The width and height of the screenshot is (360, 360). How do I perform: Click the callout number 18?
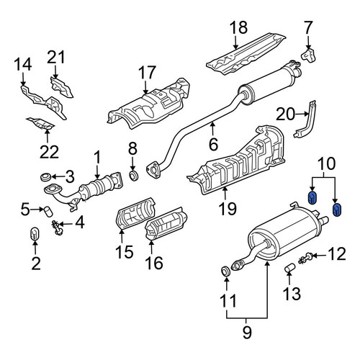click(x=239, y=27)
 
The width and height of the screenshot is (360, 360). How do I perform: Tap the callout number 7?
click(x=308, y=27)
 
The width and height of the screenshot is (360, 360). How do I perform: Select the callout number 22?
click(x=49, y=152)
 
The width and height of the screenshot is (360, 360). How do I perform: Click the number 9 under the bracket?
click(x=247, y=333)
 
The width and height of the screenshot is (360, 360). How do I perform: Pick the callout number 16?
click(x=154, y=263)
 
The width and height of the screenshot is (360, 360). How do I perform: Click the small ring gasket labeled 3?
click(x=45, y=177)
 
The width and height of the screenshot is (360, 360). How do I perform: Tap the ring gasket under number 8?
click(x=134, y=176)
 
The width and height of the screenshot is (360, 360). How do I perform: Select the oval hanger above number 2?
click(x=35, y=233)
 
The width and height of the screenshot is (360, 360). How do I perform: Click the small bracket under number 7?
click(x=309, y=55)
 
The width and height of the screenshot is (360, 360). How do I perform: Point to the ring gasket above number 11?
click(x=225, y=271)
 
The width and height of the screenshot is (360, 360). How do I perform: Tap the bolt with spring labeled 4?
click(x=57, y=228)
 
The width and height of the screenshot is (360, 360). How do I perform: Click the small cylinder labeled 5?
click(x=48, y=211)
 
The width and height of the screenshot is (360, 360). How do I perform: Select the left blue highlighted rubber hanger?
click(x=312, y=198)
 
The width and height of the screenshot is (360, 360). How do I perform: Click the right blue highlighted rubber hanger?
click(x=337, y=210)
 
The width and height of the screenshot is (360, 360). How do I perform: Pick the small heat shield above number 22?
click(x=41, y=123)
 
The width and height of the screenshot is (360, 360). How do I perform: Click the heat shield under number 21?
click(x=61, y=87)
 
